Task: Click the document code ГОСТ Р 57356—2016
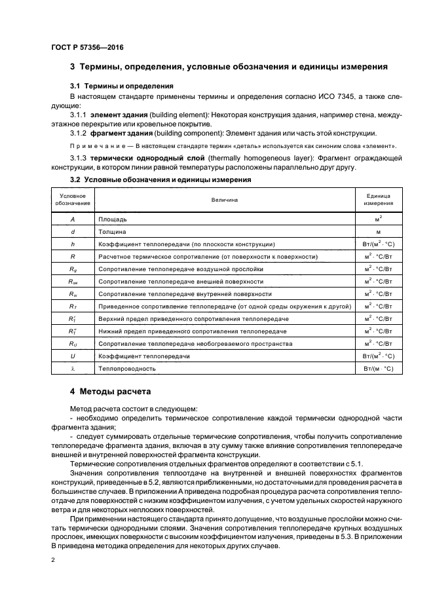click(x=86, y=48)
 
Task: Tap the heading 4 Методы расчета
click(x=110, y=392)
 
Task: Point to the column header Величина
click(x=224, y=199)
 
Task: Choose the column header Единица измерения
click(x=378, y=199)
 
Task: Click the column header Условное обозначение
click(x=73, y=199)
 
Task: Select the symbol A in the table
click(x=73, y=219)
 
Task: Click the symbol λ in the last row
click(x=73, y=369)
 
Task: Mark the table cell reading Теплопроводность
click(x=126, y=369)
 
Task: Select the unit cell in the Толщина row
click(x=378, y=232)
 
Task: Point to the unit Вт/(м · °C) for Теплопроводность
click(x=378, y=369)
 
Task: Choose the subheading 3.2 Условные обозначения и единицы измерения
click(x=160, y=179)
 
